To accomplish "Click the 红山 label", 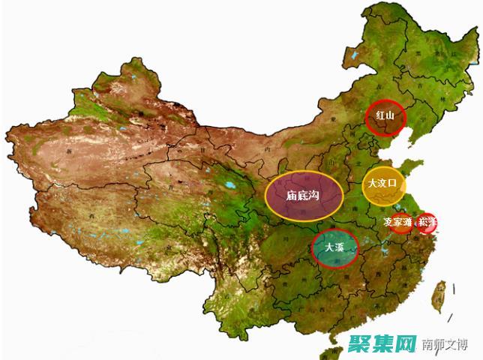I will pyautogui.click(x=384, y=116).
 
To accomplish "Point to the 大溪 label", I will pyautogui.click(x=334, y=247).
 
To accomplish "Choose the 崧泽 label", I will pyautogui.click(x=427, y=223).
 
